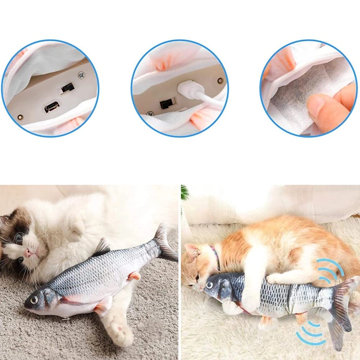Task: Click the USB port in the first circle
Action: point(52,107)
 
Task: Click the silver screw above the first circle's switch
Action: point(82,75)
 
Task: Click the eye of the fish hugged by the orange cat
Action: point(209,285)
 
